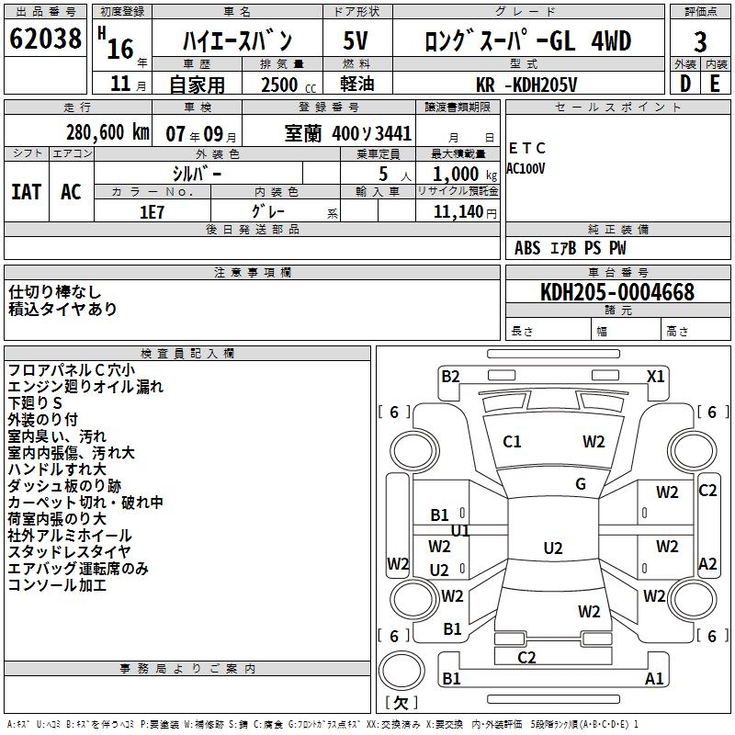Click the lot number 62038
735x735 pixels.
coord(45,40)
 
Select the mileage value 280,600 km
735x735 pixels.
coord(107,132)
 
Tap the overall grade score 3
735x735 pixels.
coord(700,41)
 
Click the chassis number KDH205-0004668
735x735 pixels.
coord(617,292)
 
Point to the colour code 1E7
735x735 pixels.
coord(152,211)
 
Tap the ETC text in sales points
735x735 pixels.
coord(526,148)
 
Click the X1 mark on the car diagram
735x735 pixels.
coord(656,376)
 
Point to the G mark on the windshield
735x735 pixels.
coord(581,484)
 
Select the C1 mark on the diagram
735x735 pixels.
coord(512,441)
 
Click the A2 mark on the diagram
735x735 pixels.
coord(707,564)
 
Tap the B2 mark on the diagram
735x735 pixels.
coord(450,376)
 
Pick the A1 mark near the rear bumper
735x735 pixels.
coord(654,679)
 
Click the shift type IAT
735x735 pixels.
coord(26,191)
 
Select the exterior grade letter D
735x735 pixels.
coord(684,83)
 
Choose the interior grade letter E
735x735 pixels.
coord(716,83)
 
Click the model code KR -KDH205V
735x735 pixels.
coord(527,85)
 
